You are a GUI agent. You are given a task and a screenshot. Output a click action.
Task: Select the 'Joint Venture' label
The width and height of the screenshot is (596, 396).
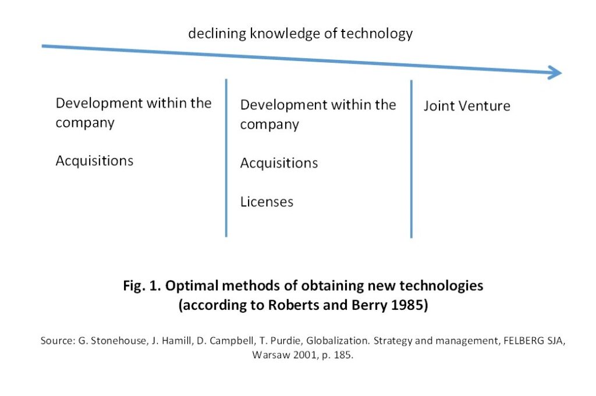tap(467, 106)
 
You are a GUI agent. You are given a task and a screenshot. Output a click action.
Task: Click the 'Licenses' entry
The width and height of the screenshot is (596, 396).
tap(267, 202)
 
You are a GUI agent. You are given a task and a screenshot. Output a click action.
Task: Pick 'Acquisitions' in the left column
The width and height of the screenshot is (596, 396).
tap(94, 161)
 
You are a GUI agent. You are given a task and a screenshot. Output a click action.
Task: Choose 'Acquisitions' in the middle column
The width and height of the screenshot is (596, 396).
tap(279, 163)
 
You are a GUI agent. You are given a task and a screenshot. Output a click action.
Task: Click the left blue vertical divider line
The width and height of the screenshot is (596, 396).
tap(226, 158)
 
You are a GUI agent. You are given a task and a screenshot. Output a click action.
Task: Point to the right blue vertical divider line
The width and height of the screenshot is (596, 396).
tap(411, 159)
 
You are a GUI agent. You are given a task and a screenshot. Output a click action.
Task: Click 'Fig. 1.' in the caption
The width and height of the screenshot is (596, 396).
tap(142, 286)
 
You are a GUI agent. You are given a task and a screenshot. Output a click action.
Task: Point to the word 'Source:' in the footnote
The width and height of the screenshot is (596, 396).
tap(58, 341)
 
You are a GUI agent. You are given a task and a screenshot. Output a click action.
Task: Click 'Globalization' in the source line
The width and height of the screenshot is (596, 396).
tap(338, 341)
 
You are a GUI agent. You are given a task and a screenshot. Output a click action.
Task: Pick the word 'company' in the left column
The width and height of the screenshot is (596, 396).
tap(85, 124)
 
